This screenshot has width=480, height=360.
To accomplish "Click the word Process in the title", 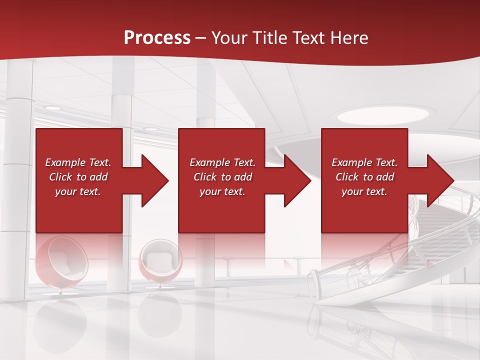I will coord(157,37).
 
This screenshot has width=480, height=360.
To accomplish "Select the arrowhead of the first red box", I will coord(150,180).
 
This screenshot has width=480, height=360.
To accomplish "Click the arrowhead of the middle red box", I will coord(292,180).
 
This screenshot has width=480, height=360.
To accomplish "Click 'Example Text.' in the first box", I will coord(78,162).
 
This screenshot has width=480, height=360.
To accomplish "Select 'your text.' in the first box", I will coord(78,191).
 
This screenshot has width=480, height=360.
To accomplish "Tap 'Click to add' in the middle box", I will coord(222,177).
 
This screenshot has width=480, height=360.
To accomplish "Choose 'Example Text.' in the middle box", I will coord(222,162).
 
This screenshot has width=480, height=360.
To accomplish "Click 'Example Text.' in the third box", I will coord(364,162).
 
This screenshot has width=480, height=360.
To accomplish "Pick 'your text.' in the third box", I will coord(364,191).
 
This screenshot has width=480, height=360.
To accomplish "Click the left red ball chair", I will coord(61,262).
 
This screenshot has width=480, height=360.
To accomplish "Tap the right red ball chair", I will coord(160,262).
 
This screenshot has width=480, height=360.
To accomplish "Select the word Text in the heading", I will coord(309,37).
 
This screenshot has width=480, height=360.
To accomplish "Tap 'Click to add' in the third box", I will coord(364,177).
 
